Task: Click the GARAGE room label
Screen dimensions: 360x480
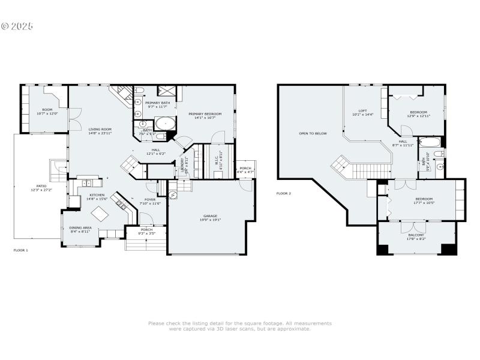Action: point(210,216)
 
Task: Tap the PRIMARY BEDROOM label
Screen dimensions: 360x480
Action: point(205,114)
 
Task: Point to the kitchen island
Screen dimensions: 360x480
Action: point(98,214)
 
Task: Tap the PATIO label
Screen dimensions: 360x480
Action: point(41,187)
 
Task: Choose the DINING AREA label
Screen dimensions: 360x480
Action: point(79,227)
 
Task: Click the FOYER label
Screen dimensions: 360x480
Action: point(150,200)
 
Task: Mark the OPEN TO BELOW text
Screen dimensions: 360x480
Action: point(313,133)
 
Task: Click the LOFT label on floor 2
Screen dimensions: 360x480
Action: point(362,110)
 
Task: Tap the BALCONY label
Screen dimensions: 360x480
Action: point(416,235)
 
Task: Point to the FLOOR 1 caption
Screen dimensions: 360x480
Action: point(21,249)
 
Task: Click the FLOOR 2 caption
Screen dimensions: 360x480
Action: point(283,194)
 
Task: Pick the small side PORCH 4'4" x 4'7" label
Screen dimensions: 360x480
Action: point(245,168)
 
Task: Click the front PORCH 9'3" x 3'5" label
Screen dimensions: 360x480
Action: point(146,229)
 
